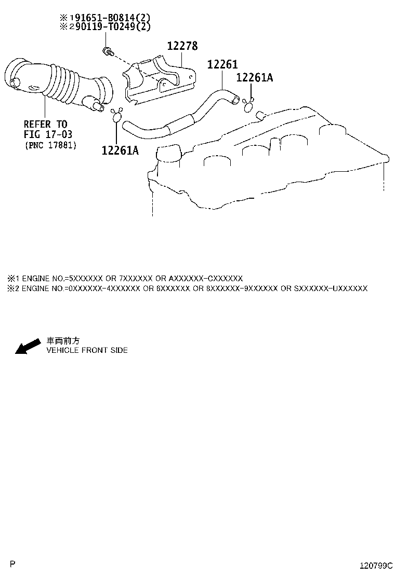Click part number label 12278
click(x=182, y=46)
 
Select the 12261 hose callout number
click(x=222, y=64)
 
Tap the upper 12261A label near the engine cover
click(x=255, y=77)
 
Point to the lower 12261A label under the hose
click(x=120, y=150)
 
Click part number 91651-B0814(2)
click(x=110, y=17)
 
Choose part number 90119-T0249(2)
click(x=113, y=26)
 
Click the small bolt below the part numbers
click(x=108, y=51)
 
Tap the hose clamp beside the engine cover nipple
click(x=248, y=105)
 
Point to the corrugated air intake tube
click(x=59, y=85)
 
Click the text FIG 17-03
click(x=48, y=134)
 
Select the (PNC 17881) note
click(x=51, y=145)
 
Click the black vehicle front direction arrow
click(x=28, y=346)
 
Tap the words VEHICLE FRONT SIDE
click(x=87, y=350)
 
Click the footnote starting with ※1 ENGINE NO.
click(x=125, y=278)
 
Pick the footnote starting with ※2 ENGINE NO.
click(x=187, y=288)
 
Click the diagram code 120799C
click(x=376, y=566)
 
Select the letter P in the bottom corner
click(x=12, y=564)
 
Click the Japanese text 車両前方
click(x=63, y=341)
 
